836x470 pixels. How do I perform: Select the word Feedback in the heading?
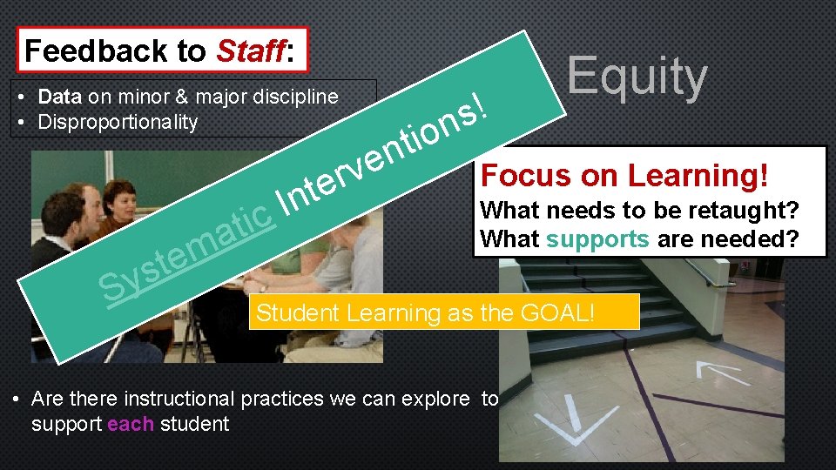point(101,51)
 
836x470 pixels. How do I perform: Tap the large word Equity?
point(637,77)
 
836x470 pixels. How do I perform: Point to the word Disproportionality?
point(118,122)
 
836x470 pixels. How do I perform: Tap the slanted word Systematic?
point(187,249)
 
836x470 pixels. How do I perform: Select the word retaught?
point(749,211)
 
